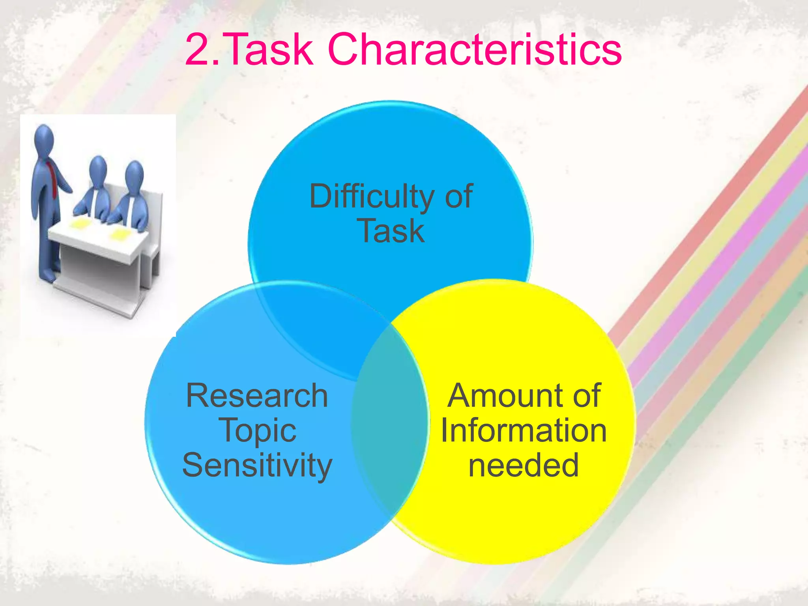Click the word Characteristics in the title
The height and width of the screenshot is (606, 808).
click(x=474, y=50)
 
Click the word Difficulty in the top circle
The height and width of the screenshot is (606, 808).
click(x=372, y=197)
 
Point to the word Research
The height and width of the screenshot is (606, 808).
click(x=257, y=396)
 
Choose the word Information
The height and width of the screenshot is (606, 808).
click(x=524, y=431)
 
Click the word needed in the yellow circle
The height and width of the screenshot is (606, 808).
click(x=524, y=466)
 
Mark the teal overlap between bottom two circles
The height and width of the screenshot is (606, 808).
click(x=390, y=422)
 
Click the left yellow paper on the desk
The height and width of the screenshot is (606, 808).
click(x=81, y=224)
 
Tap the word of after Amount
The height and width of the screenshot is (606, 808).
click(x=587, y=396)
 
